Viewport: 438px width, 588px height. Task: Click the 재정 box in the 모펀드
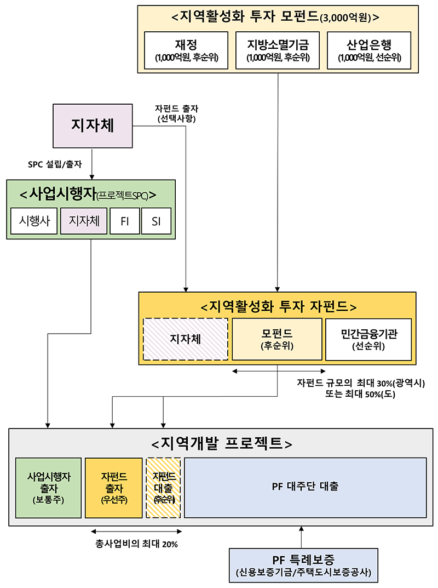pos(186,50)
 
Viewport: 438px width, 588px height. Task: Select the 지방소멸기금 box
pos(278,50)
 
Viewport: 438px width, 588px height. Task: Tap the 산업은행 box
pos(369,50)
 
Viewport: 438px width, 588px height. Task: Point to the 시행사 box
pos(33,221)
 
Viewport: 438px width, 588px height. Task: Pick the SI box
pos(156,221)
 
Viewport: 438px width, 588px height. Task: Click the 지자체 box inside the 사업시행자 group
pos(84,221)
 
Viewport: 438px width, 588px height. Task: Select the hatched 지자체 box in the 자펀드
pos(186,339)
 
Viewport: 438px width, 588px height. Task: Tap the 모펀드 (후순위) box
pos(276,339)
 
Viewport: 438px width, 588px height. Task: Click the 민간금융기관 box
pos(368,339)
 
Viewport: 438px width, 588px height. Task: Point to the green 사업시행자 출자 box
pos(48,487)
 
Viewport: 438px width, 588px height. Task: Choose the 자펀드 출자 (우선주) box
pos(113,487)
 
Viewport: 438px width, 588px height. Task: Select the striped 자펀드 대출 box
pos(164,487)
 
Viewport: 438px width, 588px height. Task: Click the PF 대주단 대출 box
pos(305,487)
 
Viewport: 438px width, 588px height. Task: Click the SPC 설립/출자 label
pos(55,164)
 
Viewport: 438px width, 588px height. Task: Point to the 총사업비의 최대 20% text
pos(136,544)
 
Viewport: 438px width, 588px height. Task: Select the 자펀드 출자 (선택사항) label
pos(176,113)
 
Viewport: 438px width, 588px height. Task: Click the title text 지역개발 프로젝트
pos(221,442)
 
